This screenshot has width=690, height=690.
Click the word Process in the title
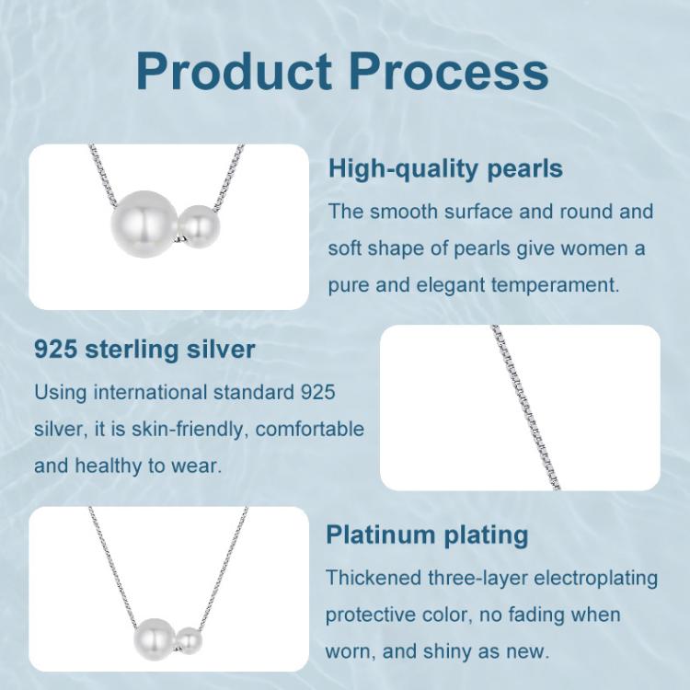pos(448,72)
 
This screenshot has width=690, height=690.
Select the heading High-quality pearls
pos(445,169)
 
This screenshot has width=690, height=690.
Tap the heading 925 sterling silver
pos(144,350)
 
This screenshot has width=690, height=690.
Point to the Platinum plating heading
pos(427,535)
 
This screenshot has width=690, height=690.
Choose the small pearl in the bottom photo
pos(189,639)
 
